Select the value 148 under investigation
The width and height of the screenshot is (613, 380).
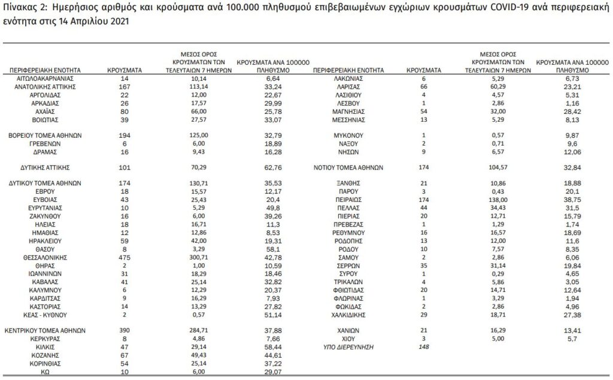coord(424,346)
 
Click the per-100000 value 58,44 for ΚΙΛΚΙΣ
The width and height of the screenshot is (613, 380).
coord(272,346)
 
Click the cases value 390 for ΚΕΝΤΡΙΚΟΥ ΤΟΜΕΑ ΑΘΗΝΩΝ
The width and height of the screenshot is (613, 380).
coord(125,330)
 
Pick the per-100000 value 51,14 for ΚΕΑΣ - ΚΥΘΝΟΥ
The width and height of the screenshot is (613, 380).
coord(272,314)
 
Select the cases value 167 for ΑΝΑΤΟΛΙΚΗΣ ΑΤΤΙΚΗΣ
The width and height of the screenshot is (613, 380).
coord(125,86)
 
